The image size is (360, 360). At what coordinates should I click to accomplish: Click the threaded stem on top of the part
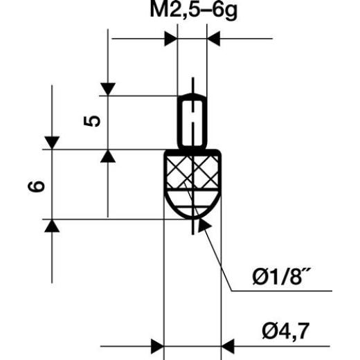pos(192,121)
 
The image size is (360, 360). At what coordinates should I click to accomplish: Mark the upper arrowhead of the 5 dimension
pos(108,89)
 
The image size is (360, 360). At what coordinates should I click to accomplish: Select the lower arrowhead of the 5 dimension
pos(108,156)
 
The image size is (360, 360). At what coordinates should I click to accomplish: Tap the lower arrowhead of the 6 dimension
pos(52,227)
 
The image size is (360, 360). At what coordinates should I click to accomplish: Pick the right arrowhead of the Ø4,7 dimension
pos(228,343)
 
